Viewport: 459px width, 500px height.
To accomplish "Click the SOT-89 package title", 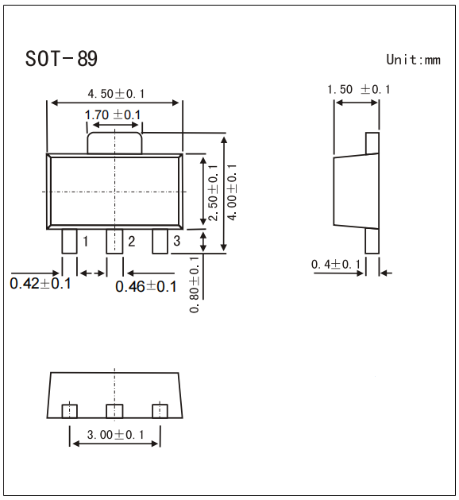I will click(x=61, y=60).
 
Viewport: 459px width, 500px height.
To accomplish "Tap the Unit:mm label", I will click(x=412, y=60).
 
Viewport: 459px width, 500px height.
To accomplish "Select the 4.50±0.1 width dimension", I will click(x=116, y=94).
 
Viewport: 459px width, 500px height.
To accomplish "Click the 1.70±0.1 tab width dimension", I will click(x=113, y=115).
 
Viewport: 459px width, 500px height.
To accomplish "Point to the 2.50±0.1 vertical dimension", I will click(x=213, y=192).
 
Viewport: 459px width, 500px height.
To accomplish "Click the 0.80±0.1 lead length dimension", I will click(x=195, y=284).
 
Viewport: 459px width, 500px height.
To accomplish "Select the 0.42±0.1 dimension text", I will click(x=40, y=283).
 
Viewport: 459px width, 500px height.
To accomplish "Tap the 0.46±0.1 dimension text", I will click(x=146, y=286).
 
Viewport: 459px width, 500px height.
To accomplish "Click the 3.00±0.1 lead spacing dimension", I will click(x=115, y=435).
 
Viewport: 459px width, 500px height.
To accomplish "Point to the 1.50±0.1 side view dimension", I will click(x=359, y=89).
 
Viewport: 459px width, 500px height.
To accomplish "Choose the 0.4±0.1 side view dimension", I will click(x=336, y=264).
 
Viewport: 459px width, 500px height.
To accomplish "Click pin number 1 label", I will click(x=84, y=241).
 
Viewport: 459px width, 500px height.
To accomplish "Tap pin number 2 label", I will click(x=131, y=241).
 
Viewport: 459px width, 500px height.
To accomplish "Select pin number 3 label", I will click(x=176, y=241).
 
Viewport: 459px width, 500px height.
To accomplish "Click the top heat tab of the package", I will click(x=115, y=142).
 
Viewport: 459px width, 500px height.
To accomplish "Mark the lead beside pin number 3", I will click(x=160, y=241).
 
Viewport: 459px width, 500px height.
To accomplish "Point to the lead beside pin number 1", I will click(x=69, y=241).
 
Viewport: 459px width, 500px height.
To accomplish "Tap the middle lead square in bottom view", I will click(x=115, y=410).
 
